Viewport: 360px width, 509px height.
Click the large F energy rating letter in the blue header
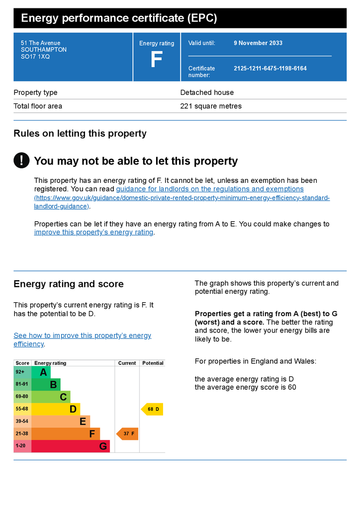[x=157, y=60]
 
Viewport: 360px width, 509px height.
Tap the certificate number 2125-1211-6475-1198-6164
[x=270, y=68]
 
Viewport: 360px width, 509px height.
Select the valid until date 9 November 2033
[x=258, y=43]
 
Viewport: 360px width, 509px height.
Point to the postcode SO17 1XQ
[x=35, y=57]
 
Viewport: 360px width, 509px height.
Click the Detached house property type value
[x=207, y=92]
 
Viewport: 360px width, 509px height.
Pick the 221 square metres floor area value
[x=211, y=106]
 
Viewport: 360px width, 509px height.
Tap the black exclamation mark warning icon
[x=21, y=161]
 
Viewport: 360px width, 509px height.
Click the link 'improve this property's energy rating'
[x=94, y=232]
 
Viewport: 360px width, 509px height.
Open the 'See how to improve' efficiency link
[x=82, y=339]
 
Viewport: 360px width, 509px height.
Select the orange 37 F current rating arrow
[x=127, y=433]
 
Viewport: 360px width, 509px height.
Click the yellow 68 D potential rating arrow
[x=152, y=409]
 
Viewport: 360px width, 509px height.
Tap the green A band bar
[x=41, y=372]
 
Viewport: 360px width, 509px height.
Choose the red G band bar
[x=71, y=446]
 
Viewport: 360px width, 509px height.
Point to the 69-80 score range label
[x=22, y=396]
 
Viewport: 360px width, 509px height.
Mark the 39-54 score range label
[x=22, y=421]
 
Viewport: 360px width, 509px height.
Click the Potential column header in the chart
[x=153, y=363]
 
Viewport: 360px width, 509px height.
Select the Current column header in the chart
[x=127, y=363]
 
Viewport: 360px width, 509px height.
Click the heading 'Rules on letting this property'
[x=80, y=133]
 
